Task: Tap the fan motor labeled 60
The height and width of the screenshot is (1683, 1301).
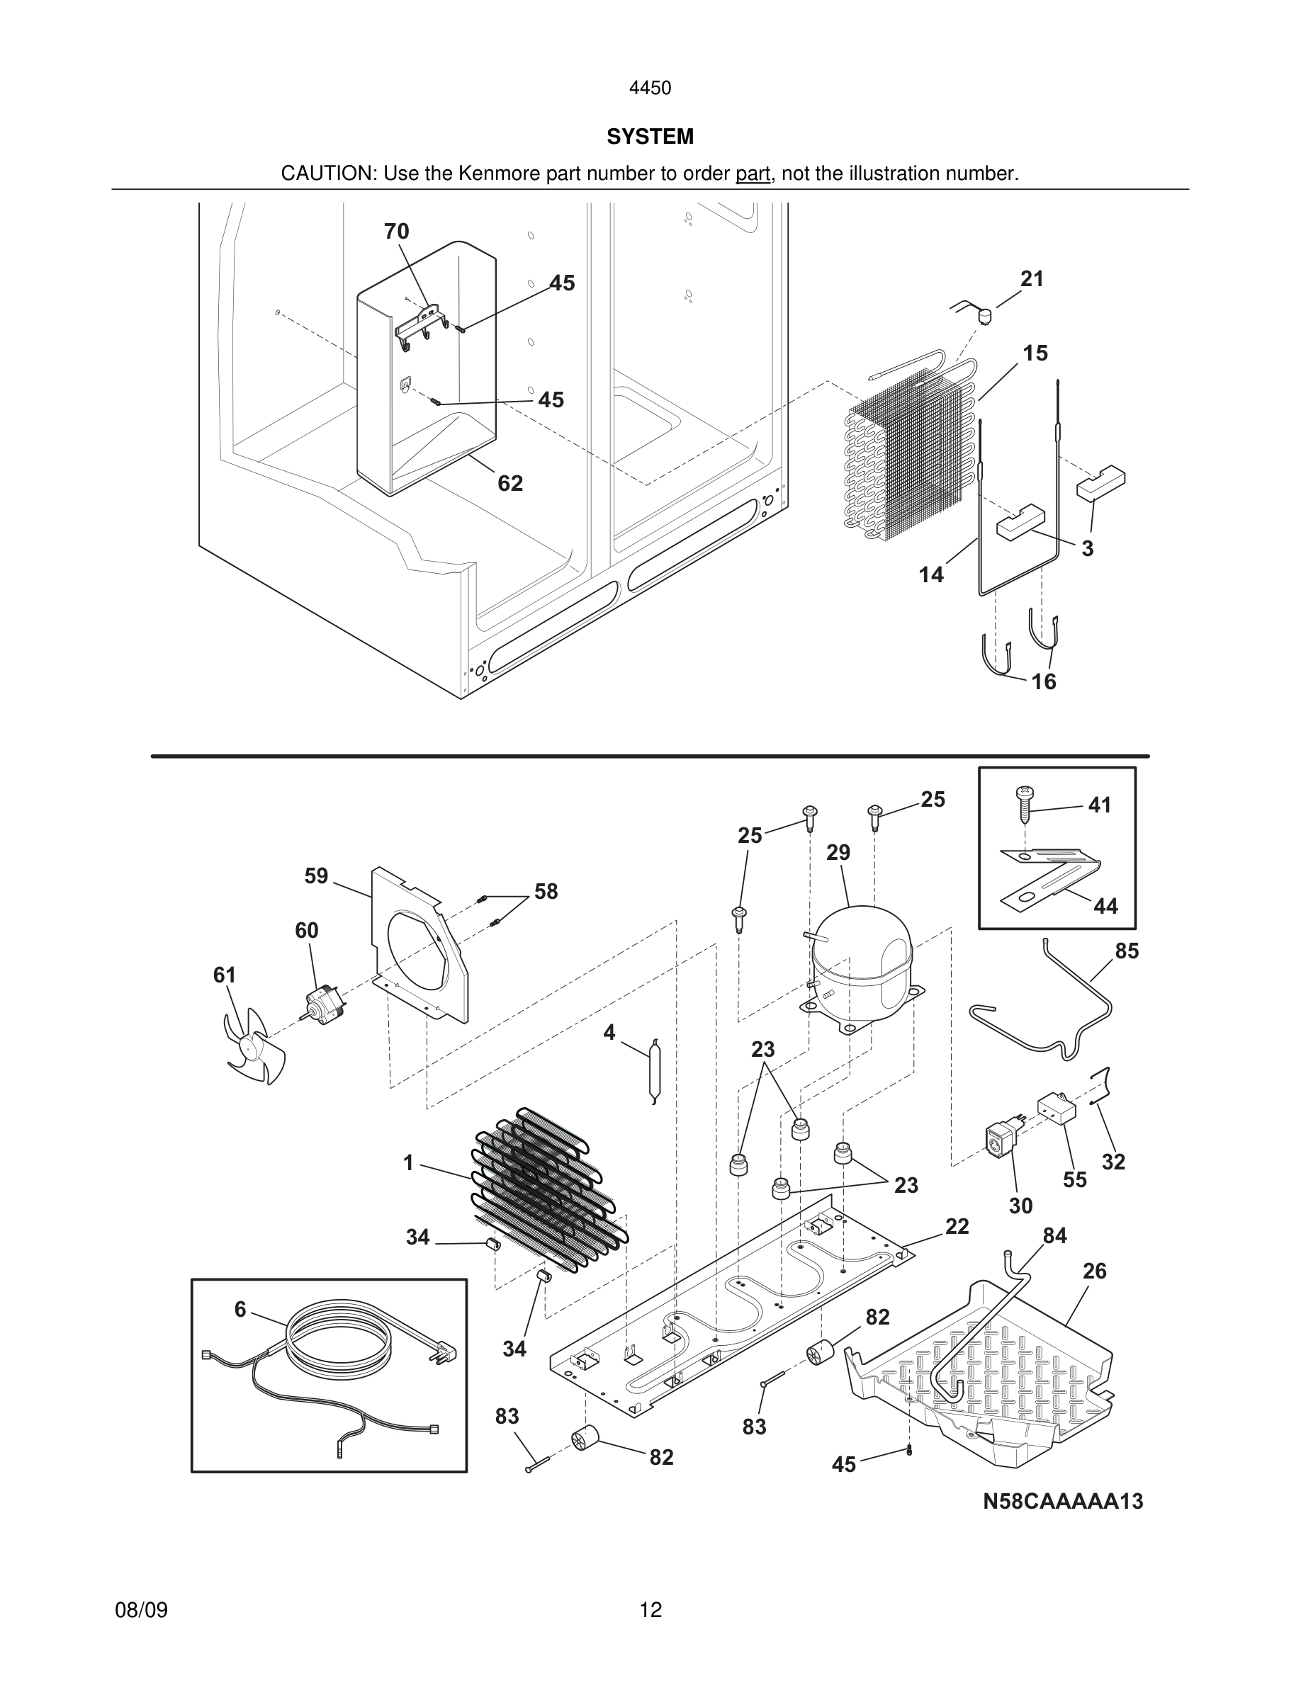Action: [x=322, y=1002]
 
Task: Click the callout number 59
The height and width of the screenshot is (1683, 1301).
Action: [x=316, y=876]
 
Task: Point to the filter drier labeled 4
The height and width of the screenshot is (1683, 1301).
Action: [x=654, y=1070]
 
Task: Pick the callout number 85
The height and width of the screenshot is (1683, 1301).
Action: [x=1126, y=952]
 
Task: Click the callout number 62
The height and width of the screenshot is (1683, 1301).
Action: [x=510, y=483]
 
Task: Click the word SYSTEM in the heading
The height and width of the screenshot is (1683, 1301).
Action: [x=650, y=137]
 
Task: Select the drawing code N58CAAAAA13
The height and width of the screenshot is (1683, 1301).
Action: [x=1063, y=1501]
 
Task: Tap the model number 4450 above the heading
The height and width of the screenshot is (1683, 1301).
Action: [x=650, y=89]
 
